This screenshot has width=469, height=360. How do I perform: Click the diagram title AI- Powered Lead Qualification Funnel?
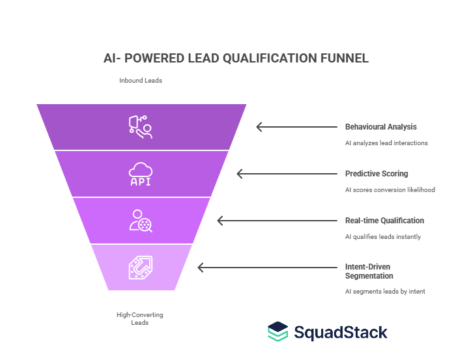pos(236,59)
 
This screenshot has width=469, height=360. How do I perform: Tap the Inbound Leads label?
pos(140,81)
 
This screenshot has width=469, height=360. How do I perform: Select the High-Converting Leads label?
pos(140,318)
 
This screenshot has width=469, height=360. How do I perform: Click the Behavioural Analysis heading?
pos(380,127)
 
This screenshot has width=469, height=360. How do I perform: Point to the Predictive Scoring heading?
pos(376,174)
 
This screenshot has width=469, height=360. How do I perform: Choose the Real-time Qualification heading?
pos(384,221)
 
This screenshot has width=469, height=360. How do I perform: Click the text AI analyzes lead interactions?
pos(386,143)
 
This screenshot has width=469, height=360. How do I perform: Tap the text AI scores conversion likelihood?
pos(390,189)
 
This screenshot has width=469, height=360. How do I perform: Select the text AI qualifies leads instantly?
pos(383,236)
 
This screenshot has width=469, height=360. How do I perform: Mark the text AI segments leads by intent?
pos(385,291)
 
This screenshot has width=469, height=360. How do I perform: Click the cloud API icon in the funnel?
pos(141,174)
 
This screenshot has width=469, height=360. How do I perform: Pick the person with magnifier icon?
pos(141,221)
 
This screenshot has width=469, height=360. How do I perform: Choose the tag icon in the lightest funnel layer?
pos(141,267)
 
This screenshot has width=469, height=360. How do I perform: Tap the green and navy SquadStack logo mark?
pos(278,331)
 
